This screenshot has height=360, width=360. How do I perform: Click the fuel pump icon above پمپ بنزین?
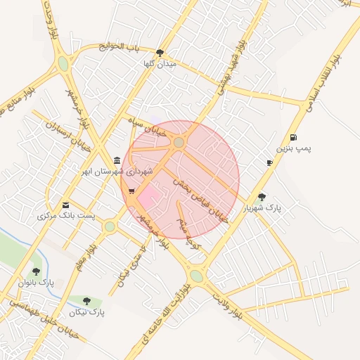(292, 137)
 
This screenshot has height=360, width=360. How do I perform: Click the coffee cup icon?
(269, 163)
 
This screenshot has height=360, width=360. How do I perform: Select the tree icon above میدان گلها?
(160, 53)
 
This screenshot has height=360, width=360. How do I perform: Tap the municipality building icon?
(116, 161)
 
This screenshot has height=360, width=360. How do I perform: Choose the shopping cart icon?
(131, 191)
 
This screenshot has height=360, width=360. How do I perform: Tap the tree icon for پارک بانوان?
(37, 271)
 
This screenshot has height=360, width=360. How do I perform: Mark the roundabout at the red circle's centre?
(179, 143)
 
